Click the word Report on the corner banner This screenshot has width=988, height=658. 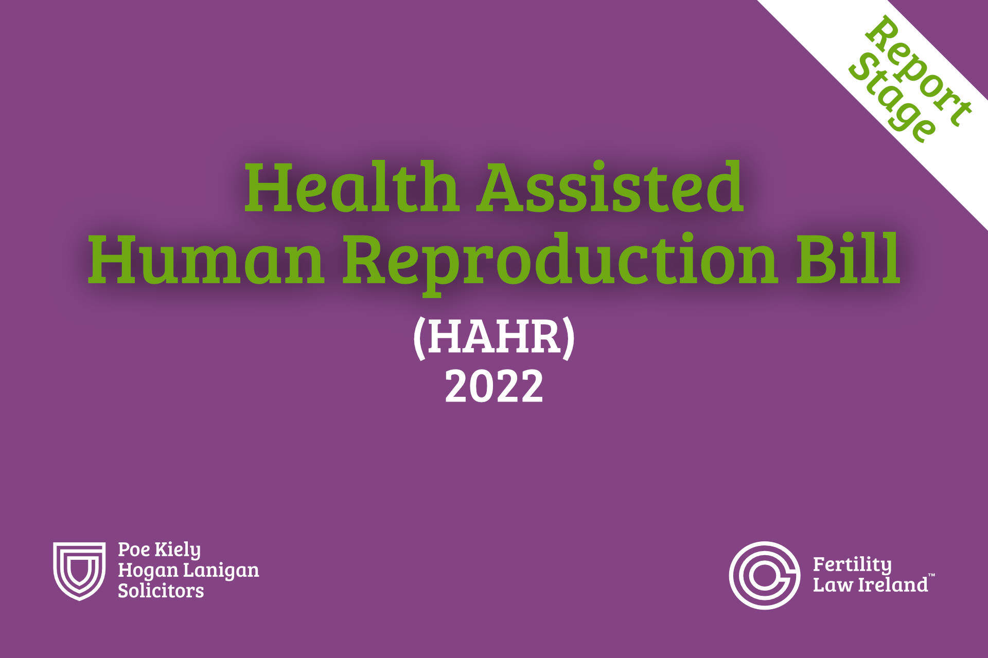(x=919, y=70)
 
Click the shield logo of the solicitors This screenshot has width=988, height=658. (x=79, y=571)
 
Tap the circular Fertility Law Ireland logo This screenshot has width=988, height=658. (x=765, y=575)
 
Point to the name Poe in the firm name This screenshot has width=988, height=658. (x=134, y=550)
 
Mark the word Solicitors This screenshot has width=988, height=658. (x=161, y=591)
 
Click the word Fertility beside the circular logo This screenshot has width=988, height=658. (x=852, y=565)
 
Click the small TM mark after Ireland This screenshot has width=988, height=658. (x=931, y=575)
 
